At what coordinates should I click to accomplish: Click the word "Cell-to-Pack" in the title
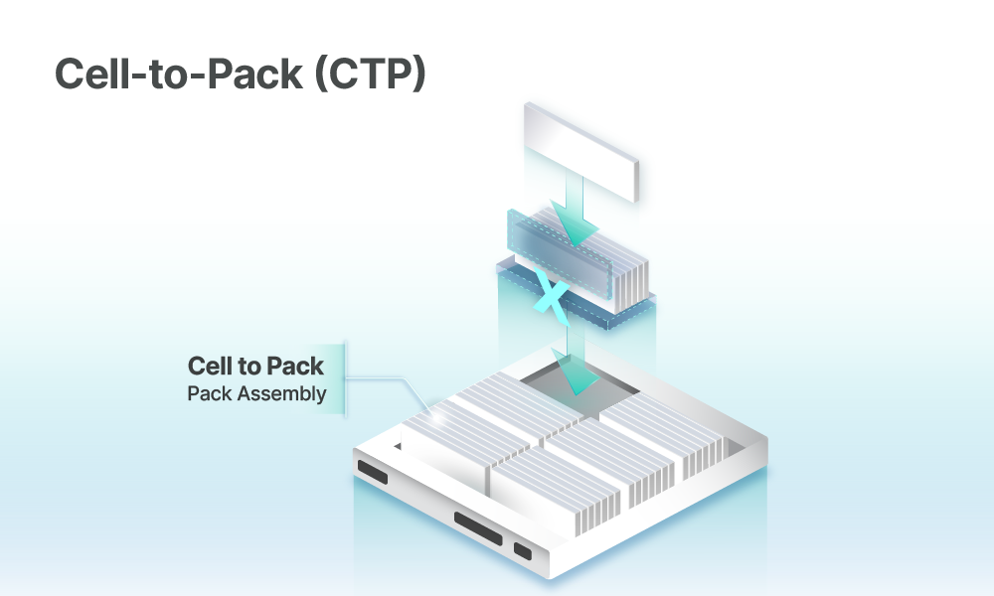(x=176, y=74)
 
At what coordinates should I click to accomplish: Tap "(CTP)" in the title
(x=369, y=74)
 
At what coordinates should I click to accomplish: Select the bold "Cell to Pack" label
(x=255, y=367)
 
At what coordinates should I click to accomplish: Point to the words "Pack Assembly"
(x=256, y=393)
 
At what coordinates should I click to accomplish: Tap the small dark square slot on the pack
(x=522, y=550)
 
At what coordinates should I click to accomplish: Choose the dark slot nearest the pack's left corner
(x=372, y=473)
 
